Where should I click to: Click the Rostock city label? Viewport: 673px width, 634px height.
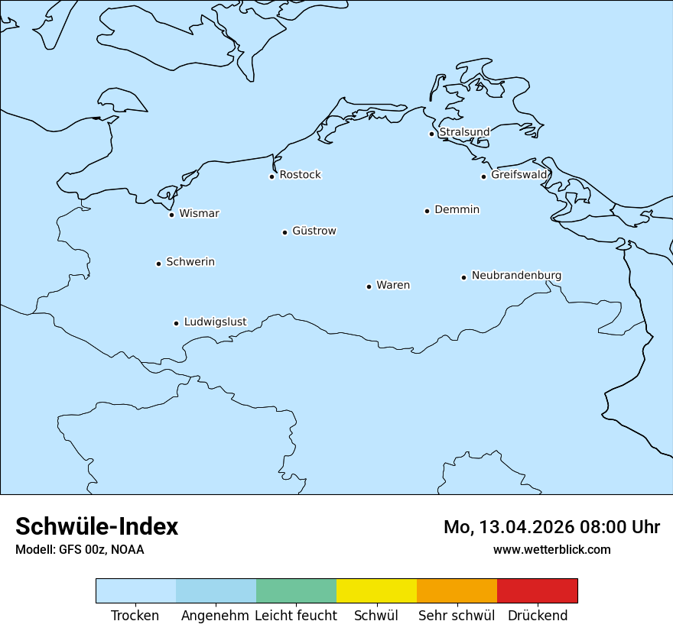300,175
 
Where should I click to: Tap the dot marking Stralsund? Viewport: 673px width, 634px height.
431,134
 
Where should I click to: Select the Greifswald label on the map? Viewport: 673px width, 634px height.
519,175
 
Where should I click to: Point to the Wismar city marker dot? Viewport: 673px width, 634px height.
172,215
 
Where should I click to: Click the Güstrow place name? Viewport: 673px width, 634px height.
314,231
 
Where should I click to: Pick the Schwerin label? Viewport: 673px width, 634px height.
190,262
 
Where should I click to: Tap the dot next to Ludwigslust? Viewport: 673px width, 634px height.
176,323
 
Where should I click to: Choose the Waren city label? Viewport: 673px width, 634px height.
393,285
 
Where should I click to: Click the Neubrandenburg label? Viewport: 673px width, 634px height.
516,275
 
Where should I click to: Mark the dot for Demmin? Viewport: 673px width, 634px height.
427,211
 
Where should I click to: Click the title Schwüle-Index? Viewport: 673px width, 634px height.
97,526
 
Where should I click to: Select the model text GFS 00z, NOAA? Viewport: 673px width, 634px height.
101,549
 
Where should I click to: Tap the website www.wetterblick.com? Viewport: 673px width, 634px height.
551,549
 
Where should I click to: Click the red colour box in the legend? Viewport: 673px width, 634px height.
537,590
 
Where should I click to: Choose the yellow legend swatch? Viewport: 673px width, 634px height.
376,590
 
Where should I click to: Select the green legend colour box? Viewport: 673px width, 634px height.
296,590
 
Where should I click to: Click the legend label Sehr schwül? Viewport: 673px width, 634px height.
457,616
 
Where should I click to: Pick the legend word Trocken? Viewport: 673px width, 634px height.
135,616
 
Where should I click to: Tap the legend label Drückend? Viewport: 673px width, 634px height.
538,616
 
